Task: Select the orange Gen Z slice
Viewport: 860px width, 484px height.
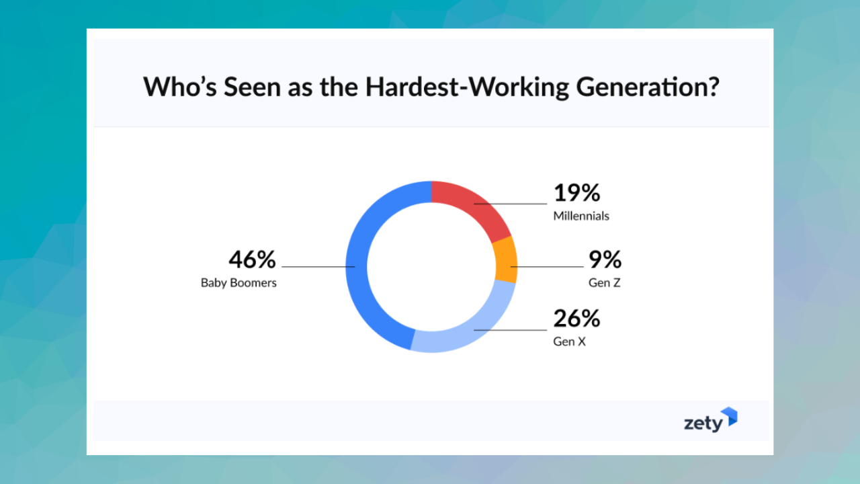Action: [x=506, y=260]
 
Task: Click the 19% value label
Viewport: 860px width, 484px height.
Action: [x=576, y=193]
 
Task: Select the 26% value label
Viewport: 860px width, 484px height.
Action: [x=576, y=318]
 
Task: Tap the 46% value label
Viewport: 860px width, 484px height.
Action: [x=252, y=259]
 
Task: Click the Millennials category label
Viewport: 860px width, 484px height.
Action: [x=581, y=216]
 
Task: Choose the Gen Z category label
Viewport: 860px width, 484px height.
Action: [x=604, y=283]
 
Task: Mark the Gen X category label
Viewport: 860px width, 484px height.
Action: [x=569, y=341]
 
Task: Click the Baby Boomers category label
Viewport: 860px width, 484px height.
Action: [x=239, y=283]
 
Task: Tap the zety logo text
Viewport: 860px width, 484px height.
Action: [x=703, y=424]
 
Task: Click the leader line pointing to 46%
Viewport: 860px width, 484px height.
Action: [x=316, y=267]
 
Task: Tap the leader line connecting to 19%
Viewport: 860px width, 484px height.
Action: [x=511, y=203]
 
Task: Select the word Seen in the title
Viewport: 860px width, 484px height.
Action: [x=240, y=87]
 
